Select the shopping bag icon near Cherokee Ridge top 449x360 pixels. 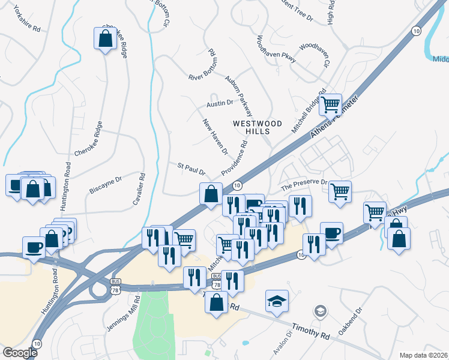[x=105, y=39]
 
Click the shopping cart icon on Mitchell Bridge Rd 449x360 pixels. [x=330, y=105]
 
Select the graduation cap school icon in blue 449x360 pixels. [x=277, y=301]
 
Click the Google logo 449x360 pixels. [x=20, y=353]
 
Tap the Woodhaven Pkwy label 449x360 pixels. [x=277, y=50]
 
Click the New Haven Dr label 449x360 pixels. [x=215, y=137]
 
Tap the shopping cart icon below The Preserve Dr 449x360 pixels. [x=340, y=192]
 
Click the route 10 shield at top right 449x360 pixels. [x=416, y=31]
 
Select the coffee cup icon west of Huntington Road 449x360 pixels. [x=34, y=247]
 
